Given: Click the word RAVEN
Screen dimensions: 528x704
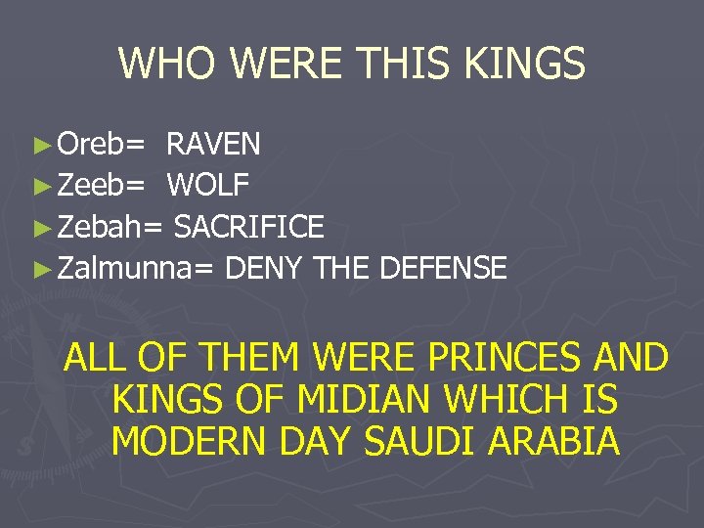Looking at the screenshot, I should tap(213, 145).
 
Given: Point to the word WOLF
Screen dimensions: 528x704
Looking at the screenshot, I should tap(208, 186).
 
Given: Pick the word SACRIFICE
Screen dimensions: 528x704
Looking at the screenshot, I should tap(248, 227).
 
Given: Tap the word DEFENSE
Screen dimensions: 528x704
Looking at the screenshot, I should tap(442, 268).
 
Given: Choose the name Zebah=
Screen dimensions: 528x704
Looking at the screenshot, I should tap(110, 227).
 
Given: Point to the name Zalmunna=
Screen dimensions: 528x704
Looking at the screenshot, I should tap(136, 268).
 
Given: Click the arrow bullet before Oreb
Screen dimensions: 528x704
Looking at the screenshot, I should tap(41, 146).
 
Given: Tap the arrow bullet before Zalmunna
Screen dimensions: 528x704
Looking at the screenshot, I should tap(41, 269).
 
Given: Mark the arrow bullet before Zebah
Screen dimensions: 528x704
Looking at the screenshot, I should tap(41, 228).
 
